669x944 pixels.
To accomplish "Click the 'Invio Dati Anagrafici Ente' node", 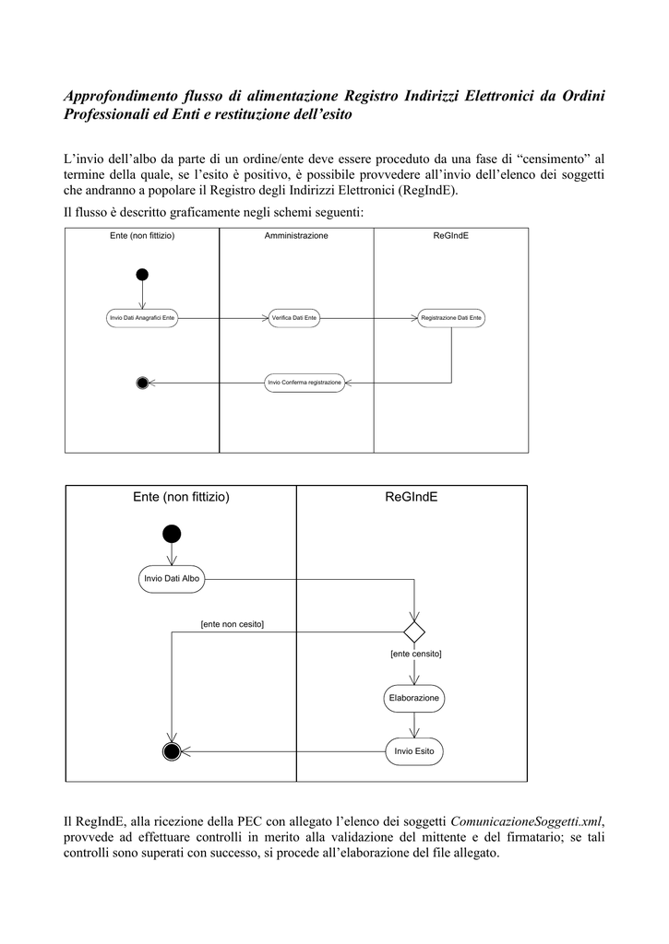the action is [x=142, y=318].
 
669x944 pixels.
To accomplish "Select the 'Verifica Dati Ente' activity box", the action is [x=294, y=318].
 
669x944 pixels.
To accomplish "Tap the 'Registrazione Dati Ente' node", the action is [x=451, y=318].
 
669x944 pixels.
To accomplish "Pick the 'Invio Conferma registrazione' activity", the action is [x=305, y=383].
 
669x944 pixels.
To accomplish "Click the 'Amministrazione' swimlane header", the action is [x=296, y=235].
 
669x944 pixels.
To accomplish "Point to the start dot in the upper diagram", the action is [x=142, y=275].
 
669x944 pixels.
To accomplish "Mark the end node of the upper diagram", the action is [x=142, y=383].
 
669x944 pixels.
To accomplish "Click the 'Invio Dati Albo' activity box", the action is [x=172, y=579].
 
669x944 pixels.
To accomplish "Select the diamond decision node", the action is [x=414, y=632].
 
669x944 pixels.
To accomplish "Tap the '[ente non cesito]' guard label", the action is [x=232, y=624].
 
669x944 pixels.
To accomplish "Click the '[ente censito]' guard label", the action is [x=416, y=654].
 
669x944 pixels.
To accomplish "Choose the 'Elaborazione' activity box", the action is [x=414, y=699].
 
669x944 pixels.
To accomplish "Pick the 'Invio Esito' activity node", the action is [x=414, y=751].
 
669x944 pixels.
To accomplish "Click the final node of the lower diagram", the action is [x=172, y=751].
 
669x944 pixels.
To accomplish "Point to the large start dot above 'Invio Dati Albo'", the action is [x=172, y=534].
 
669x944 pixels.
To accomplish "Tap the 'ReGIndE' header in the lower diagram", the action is [x=411, y=497].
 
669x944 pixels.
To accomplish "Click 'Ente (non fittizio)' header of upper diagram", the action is [x=142, y=235].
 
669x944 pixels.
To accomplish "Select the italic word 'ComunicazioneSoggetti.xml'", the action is [x=526, y=821].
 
